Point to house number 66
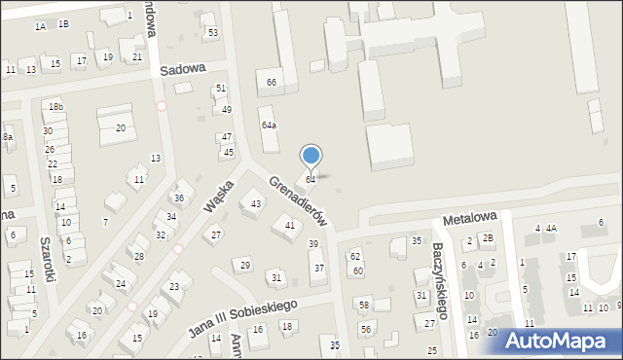pos(272,83)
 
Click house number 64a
pos(269,126)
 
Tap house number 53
pos(212,33)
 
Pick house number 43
pos(256,203)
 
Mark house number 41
pos(289,226)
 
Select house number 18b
pos(56,106)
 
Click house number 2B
pos(488,238)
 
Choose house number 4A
pos(551,229)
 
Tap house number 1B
pos(63,23)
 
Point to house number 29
pos(245,266)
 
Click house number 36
pos(179,198)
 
